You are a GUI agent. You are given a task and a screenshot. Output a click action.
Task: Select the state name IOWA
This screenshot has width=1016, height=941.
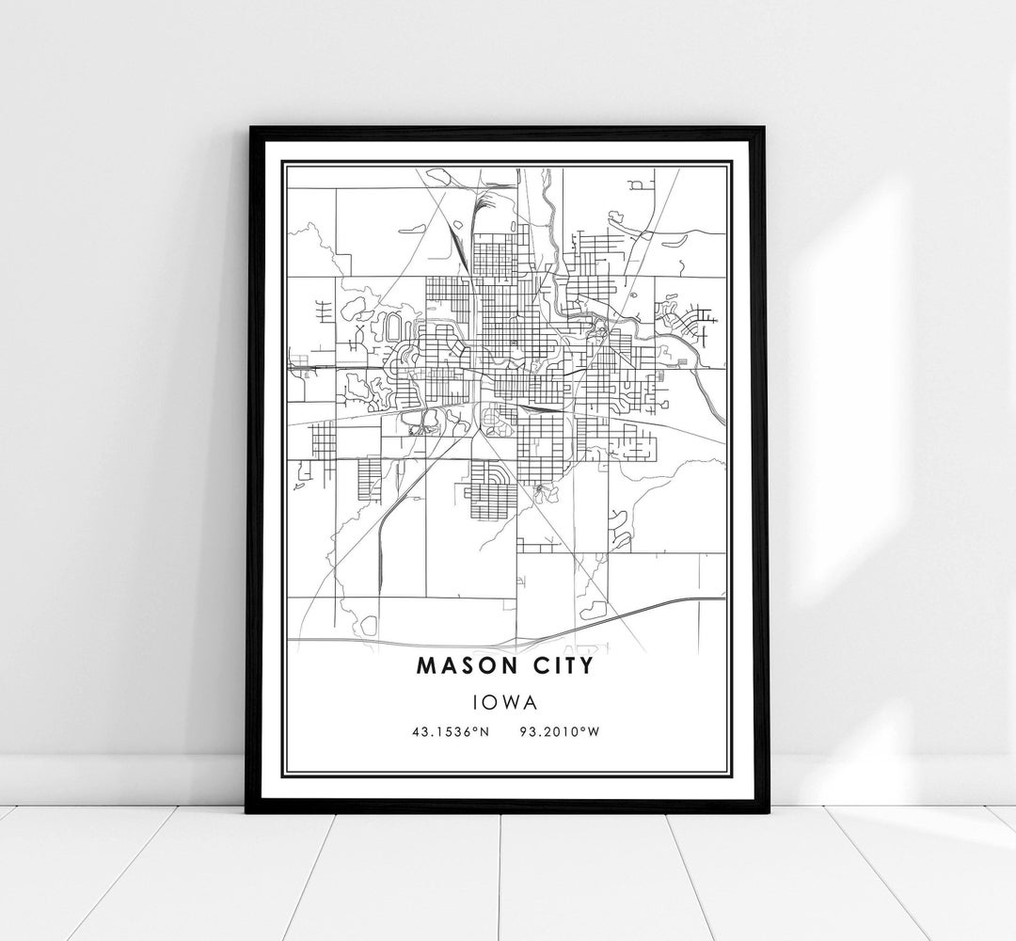[x=508, y=701]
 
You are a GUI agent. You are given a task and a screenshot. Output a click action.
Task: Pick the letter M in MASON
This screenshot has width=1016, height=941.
[x=424, y=666]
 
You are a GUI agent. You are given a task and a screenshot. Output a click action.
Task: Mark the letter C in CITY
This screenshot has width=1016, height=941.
[x=538, y=666]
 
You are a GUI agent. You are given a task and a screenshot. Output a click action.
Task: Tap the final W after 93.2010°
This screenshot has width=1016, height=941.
[x=594, y=730]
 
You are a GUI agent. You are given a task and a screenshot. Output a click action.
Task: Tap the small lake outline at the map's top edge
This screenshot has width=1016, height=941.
[x=437, y=174]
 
